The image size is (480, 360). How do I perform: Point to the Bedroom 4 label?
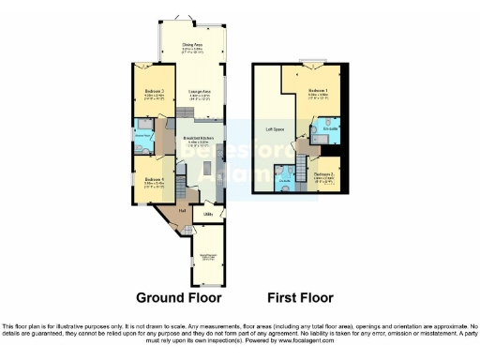point(149,180)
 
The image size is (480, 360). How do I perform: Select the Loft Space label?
point(273,128)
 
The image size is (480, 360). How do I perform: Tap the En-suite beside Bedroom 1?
point(330,130)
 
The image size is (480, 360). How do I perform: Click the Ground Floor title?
point(178,298)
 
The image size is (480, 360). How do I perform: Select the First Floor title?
point(300,298)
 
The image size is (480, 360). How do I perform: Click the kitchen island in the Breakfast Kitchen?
point(204,169)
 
